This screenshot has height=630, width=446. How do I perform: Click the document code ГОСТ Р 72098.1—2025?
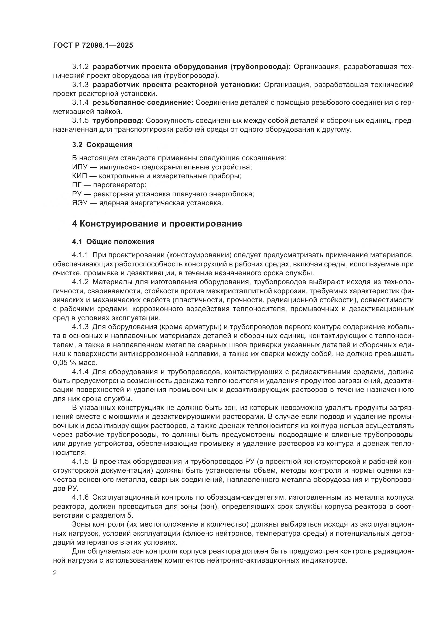pyautogui.click(x=93, y=45)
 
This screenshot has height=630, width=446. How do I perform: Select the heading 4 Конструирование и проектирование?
pyautogui.click(x=157, y=224)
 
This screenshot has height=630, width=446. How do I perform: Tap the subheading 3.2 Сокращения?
pyautogui.click(x=102, y=145)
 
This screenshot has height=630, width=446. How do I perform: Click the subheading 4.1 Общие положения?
pyautogui.click(x=113, y=241)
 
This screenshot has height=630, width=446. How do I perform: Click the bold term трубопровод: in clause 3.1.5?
pyautogui.click(x=118, y=120)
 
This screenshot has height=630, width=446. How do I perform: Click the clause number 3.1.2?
pyautogui.click(x=80, y=67)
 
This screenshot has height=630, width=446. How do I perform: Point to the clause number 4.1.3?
pyautogui.click(x=80, y=327)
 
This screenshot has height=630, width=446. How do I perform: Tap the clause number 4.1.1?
pyautogui.click(x=80, y=255)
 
